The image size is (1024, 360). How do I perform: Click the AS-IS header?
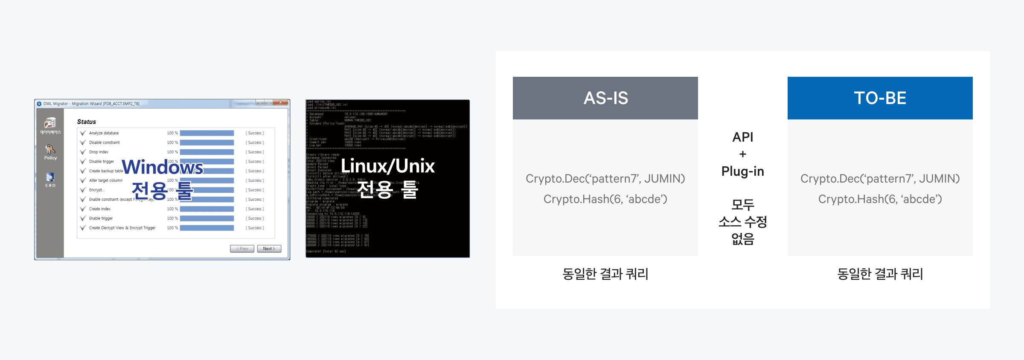coord(605,98)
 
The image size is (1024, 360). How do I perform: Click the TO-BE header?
coord(880,98)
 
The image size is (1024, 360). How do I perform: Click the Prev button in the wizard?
coord(242,249)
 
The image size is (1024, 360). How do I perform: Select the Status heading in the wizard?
coord(87,122)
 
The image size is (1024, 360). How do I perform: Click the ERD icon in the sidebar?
coord(50,180)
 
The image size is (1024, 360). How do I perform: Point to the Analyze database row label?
coord(104,133)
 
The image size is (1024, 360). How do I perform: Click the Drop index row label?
coord(99,152)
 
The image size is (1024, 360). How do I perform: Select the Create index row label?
coord(100,209)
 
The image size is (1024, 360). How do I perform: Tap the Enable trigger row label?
coord(101,218)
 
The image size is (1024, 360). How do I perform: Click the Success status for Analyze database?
coord(255,133)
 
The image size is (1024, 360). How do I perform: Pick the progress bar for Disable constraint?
coord(207,142)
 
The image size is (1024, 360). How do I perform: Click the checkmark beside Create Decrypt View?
coord(83,228)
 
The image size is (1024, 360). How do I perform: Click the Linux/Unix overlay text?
coord(387,166)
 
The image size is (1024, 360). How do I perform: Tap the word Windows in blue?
coord(163,167)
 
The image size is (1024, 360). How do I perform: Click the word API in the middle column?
coord(742,137)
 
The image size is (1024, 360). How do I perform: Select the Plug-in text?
coord(742,171)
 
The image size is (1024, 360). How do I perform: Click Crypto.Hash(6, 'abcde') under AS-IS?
coord(605,199)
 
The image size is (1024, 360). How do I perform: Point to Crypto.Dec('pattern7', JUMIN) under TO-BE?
coord(880,179)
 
